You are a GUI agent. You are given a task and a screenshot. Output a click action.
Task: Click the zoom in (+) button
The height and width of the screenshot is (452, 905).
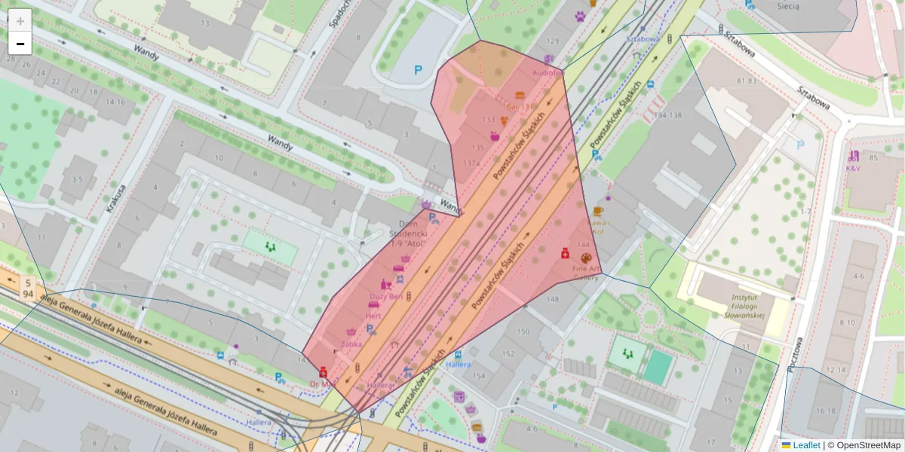tap(20, 20)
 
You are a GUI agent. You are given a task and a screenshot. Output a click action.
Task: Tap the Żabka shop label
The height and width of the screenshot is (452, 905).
tap(351, 344)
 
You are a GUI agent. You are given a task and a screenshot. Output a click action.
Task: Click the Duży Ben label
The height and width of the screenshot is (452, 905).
tap(386, 296)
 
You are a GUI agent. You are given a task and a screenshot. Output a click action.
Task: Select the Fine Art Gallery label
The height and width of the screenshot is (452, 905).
tap(586, 272)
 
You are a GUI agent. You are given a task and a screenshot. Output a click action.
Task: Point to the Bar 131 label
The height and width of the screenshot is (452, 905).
tap(520, 106)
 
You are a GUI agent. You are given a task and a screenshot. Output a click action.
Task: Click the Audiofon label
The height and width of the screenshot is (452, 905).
tap(548, 73)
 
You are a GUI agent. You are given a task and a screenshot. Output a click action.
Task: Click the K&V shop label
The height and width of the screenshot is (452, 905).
tap(853, 168)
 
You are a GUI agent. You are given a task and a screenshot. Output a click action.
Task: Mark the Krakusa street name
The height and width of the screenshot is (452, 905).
tap(115, 197)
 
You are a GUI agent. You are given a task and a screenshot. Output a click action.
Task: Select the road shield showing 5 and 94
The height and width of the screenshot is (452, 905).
tap(28, 287)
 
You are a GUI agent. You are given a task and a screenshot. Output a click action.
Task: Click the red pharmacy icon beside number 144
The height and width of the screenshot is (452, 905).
tap(565, 253)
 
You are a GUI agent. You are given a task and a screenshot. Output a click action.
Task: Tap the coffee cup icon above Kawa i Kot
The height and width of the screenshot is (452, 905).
tap(598, 212)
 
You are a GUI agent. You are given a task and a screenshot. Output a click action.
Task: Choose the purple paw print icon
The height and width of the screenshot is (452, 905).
tap(580, 16)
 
